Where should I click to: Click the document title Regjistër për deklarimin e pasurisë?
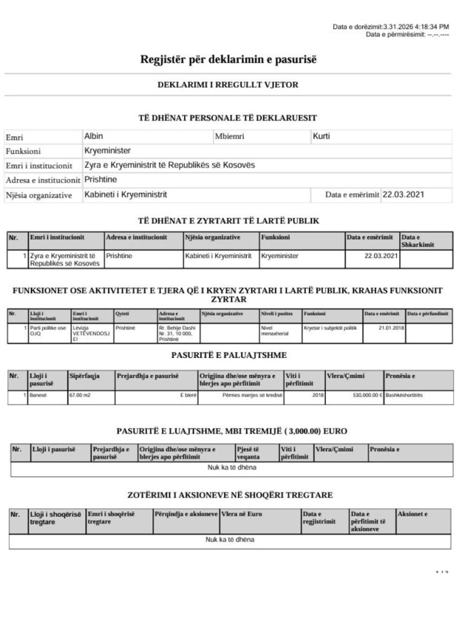tap(229, 59)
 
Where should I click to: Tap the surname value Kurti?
tap(321, 137)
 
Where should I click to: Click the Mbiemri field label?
tap(229, 137)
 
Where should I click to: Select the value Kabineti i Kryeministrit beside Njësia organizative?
tap(126, 195)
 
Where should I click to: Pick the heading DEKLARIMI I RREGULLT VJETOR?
tap(228, 85)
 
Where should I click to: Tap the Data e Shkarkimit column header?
tap(418, 241)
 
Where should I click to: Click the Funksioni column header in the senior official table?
tap(276, 238)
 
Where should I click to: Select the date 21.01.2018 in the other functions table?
tap(383, 327)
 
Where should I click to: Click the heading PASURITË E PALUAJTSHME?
tap(229, 355)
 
